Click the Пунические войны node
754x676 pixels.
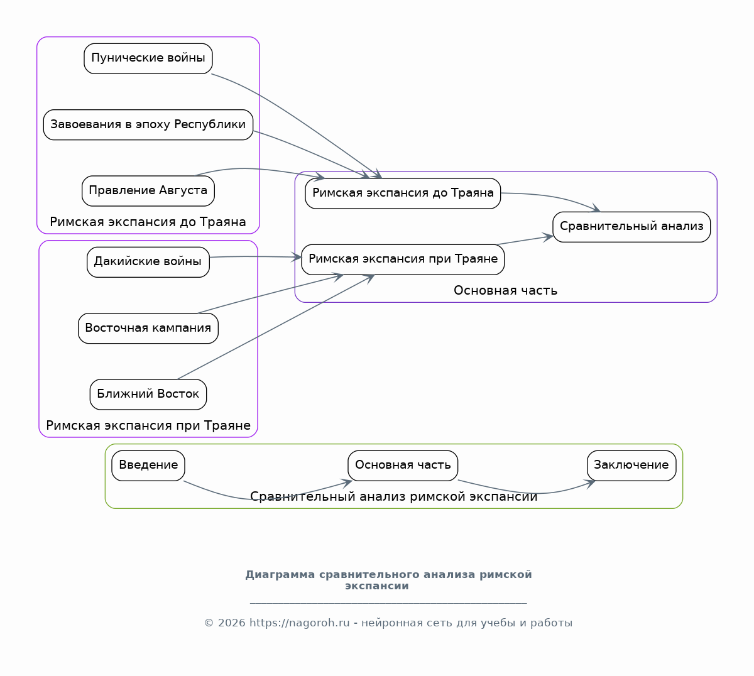148,58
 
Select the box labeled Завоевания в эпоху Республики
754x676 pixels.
148,124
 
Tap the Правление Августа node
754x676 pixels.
148,191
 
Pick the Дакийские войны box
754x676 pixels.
148,262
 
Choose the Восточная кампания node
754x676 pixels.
148,329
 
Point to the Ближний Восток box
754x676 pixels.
148,395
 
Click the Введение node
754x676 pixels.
148,466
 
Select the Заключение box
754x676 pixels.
631,466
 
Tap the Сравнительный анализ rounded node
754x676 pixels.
631,227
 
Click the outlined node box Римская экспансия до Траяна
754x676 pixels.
403,194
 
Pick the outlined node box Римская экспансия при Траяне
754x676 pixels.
403,260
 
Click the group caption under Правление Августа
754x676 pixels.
148,222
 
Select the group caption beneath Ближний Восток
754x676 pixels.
148,425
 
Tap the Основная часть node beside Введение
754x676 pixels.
403,466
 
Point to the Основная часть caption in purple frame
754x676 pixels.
505,290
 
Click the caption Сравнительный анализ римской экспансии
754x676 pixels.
394,496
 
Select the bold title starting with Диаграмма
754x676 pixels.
388,580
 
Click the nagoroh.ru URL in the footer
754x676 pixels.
300,623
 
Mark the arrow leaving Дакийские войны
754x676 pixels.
256,256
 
